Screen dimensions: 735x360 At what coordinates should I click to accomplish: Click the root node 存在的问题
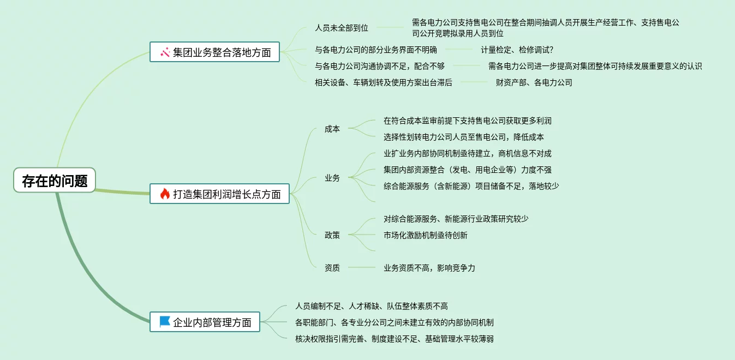(55, 181)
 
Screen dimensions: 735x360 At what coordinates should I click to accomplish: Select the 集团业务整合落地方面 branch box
(215, 52)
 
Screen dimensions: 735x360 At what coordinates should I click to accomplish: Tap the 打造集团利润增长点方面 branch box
(220, 194)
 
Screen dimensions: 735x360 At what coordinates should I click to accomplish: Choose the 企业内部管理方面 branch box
(205, 322)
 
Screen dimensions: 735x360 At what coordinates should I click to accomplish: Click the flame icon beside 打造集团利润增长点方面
(165, 194)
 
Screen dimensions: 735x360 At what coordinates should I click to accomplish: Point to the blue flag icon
(165, 322)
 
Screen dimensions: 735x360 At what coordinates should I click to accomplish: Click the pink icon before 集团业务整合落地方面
(165, 52)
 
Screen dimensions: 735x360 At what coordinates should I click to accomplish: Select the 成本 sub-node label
(332, 129)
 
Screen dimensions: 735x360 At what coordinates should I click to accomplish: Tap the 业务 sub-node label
(332, 178)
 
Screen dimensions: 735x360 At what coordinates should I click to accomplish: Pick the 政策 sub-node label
(332, 235)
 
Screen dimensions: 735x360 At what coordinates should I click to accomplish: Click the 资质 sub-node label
(332, 268)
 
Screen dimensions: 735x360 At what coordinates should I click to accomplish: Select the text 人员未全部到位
(342, 28)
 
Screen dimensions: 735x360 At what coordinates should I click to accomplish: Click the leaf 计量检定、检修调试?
(517, 50)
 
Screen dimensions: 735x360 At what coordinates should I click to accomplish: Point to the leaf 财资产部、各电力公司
(534, 83)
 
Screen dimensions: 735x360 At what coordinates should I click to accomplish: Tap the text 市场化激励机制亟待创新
(426, 235)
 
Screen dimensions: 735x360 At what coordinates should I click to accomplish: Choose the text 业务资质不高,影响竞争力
(429, 268)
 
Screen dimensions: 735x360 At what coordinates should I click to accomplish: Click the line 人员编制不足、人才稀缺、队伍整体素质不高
(372, 306)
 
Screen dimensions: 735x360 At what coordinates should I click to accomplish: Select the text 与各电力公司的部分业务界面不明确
(376, 50)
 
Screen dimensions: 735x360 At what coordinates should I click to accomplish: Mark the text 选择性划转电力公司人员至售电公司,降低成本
(464, 137)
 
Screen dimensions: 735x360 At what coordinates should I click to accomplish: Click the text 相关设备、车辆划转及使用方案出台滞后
(384, 83)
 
